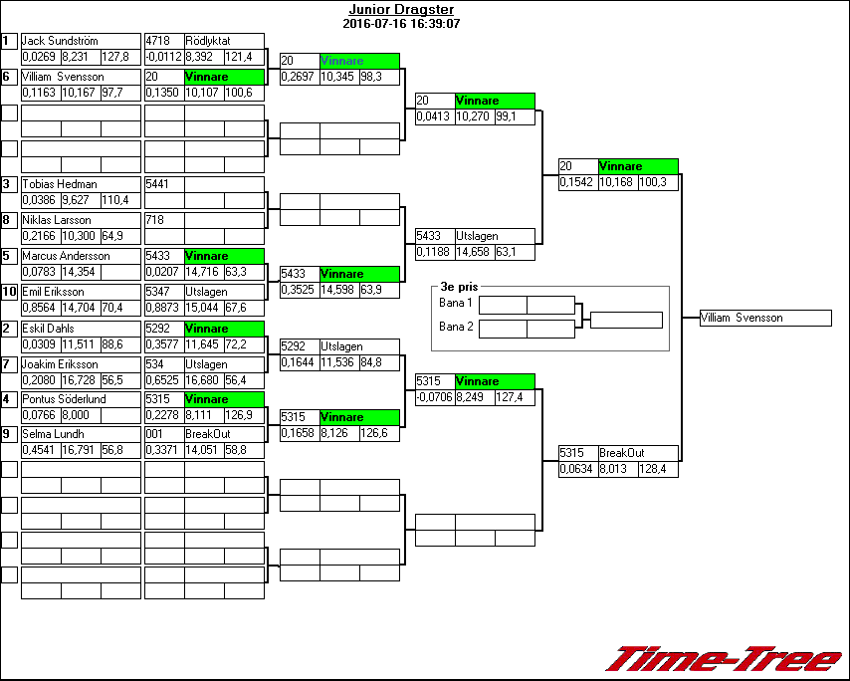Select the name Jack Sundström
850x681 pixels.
pos(60,41)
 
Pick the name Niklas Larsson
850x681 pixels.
pos(57,220)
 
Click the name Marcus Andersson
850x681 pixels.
pos(64,256)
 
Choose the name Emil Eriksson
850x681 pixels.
pos(56,292)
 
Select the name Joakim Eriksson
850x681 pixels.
pos(60,364)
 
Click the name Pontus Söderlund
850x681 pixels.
pos(64,399)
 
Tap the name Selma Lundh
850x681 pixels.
pos(54,434)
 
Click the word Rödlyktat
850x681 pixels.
pos(208,41)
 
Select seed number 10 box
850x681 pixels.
pos(9,292)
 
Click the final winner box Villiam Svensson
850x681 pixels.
pos(764,318)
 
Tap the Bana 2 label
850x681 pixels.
pos(456,326)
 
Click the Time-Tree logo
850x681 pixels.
pos(724,659)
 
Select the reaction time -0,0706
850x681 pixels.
pos(434,397)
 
